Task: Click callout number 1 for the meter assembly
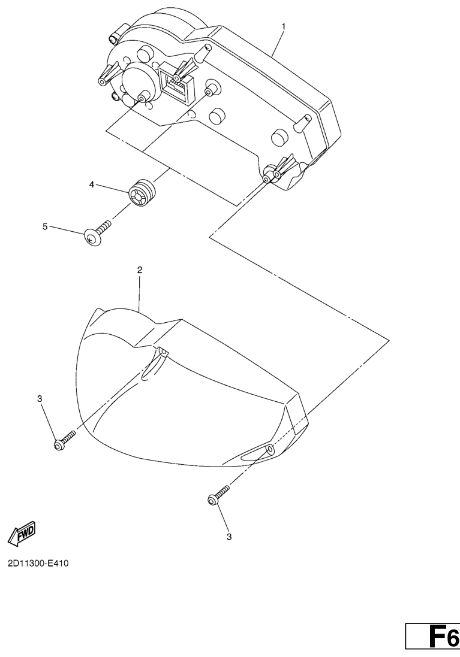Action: (283, 26)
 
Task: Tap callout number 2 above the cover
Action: (140, 270)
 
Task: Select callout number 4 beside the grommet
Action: (92, 184)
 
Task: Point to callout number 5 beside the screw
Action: (45, 226)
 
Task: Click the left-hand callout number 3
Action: (40, 399)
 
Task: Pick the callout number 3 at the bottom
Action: (229, 537)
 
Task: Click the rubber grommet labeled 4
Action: (142, 192)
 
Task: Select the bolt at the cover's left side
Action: (65, 439)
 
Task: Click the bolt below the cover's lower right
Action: (218, 495)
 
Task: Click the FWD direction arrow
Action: (22, 532)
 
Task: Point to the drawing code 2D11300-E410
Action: (38, 563)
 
